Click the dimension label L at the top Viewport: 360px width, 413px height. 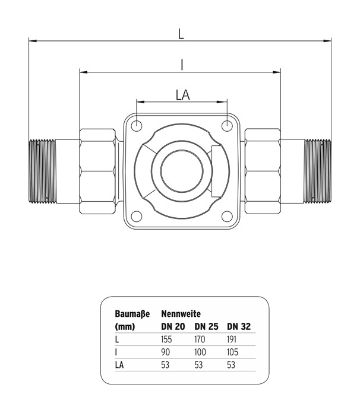tap(181, 34)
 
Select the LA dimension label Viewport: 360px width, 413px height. tap(182, 94)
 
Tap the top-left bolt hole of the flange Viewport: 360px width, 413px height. tap(137, 126)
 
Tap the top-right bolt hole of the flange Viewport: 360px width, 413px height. tap(227, 126)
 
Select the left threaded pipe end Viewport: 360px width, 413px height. tap(42, 171)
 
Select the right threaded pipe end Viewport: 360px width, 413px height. tap(318, 171)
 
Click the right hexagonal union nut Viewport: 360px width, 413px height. tap(263, 171)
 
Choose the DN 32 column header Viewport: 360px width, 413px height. tap(239, 326)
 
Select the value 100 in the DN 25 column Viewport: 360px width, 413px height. tap(202, 353)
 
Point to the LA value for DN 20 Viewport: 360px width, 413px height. tap(166, 366)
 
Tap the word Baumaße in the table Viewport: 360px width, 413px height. tap(132, 313)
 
